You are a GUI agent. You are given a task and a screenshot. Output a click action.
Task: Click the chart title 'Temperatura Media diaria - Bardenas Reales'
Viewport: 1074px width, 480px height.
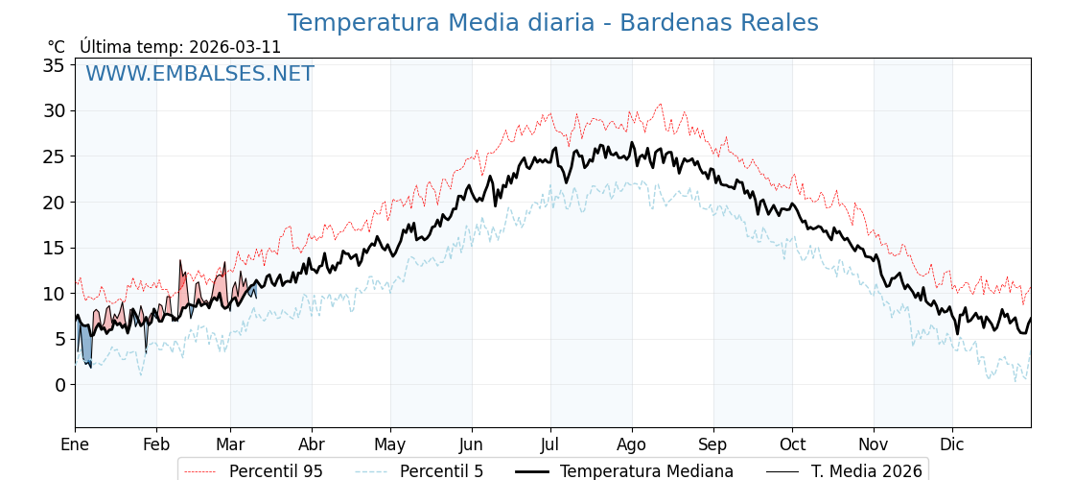pos(552,23)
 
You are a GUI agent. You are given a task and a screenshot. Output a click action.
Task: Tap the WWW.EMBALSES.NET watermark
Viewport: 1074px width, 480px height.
pos(199,74)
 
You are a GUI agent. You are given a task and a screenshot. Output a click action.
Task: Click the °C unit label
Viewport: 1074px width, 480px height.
pos(57,47)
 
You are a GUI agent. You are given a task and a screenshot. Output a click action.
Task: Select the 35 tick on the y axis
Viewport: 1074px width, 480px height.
pos(54,65)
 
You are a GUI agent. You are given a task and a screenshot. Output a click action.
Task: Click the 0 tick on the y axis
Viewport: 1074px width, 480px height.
pos(59,385)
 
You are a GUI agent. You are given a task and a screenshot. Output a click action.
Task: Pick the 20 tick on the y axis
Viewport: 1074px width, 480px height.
pos(54,203)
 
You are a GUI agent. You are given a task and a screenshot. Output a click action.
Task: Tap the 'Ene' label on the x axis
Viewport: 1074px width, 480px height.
pos(75,444)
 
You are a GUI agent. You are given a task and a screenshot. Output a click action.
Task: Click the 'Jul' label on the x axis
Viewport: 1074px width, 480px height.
pos(550,444)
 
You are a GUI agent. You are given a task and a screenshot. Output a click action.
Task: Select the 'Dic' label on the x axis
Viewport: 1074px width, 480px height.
pos(952,444)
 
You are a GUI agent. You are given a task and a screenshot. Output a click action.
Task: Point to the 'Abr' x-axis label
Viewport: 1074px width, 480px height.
pos(311,444)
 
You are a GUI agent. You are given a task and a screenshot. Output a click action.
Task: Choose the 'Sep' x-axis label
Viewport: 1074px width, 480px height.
pos(712,444)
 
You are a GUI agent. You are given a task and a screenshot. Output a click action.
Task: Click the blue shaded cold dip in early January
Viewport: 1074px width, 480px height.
pos(85,346)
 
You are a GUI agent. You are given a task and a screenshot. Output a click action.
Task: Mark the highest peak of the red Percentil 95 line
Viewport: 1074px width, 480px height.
pos(660,104)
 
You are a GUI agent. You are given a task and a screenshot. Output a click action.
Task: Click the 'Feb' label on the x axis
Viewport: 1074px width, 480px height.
pos(156,444)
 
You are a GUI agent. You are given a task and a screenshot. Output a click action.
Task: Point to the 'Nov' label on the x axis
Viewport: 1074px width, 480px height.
pos(874,444)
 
